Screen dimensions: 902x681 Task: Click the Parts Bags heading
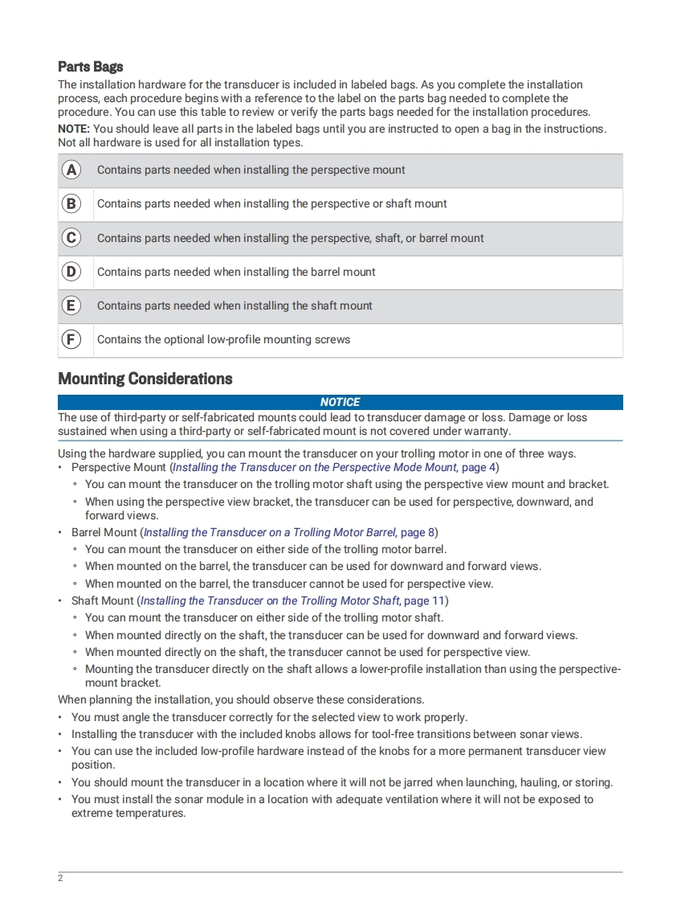click(x=90, y=67)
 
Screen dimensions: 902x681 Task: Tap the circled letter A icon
click(x=71, y=170)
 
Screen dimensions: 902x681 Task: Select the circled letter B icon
click(x=71, y=204)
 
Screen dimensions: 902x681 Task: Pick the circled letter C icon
click(x=71, y=238)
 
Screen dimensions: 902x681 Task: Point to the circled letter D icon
click(x=71, y=272)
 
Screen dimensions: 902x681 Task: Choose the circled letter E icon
click(x=71, y=305)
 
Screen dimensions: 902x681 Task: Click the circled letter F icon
click(x=71, y=339)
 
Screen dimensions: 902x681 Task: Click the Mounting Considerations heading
click(x=145, y=379)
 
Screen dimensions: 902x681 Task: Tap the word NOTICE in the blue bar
click(x=340, y=402)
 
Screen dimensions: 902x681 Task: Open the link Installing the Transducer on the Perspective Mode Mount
click(x=314, y=467)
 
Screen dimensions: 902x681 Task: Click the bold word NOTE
click(x=74, y=129)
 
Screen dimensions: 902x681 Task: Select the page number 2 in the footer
click(x=60, y=878)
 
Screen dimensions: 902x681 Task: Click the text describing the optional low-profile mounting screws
click(x=223, y=339)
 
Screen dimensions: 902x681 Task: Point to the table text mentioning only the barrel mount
click(x=236, y=272)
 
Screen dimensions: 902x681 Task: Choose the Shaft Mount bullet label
click(x=103, y=601)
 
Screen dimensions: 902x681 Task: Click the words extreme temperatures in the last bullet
click(x=128, y=813)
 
